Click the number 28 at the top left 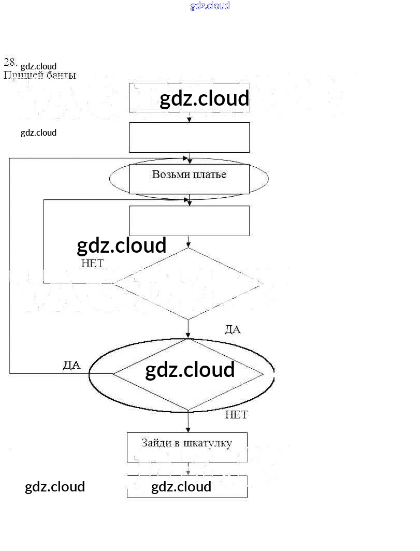point(10,63)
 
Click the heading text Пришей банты point(40,76)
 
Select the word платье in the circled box point(209,175)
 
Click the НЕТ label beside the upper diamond point(92,264)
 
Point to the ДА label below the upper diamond point(233,329)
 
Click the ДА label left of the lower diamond point(71,365)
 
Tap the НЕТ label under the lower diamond point(236,415)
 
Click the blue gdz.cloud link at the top point(210,6)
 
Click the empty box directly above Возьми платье point(189,137)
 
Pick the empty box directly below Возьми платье point(189,221)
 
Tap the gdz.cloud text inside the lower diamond point(190,370)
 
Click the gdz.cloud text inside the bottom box point(181,487)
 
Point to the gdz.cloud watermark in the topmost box point(204,98)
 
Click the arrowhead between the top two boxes point(190,120)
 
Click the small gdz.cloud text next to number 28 point(38,66)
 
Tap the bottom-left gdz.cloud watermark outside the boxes point(55,487)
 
